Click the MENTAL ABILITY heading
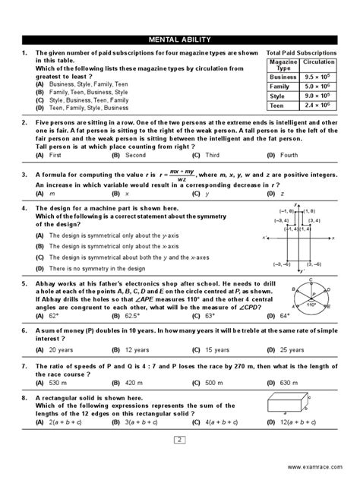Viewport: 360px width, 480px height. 179,39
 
